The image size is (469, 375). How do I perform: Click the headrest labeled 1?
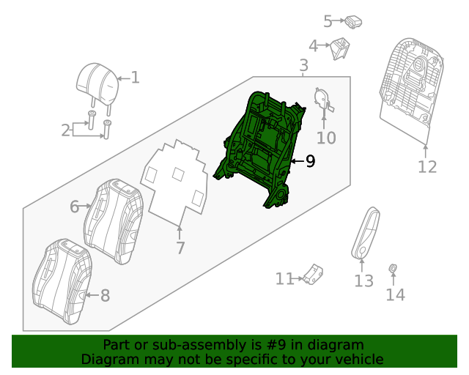tap(97, 85)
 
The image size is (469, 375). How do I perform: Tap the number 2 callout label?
tap(65, 130)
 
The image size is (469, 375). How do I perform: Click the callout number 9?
tap(310, 161)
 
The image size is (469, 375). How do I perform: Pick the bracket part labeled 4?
tap(339, 48)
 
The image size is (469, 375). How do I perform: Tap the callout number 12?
tap(426, 166)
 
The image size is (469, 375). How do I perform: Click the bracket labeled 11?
tap(314, 275)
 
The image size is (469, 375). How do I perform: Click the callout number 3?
tap(303, 67)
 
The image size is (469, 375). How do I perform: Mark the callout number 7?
tap(180, 248)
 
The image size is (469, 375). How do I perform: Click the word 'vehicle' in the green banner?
tap(357, 359)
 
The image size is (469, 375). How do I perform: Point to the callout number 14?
tap(395, 294)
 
